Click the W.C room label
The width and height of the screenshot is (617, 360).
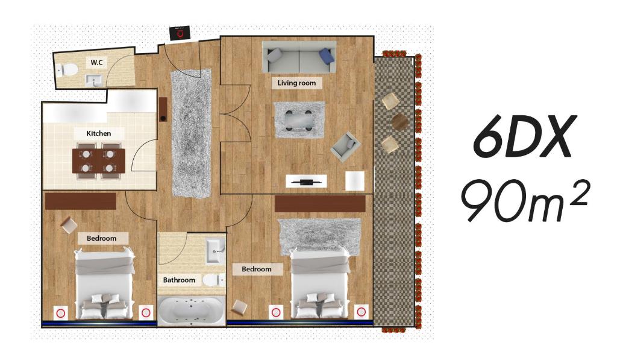pyautogui.click(x=96, y=62)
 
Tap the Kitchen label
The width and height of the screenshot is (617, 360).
pyautogui.click(x=98, y=133)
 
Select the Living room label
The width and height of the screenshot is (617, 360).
pyautogui.click(x=296, y=83)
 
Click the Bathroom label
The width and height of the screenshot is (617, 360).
pyautogui.click(x=179, y=280)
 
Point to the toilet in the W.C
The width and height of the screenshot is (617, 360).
pyautogui.click(x=66, y=70)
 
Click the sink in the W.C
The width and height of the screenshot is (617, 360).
pyautogui.click(x=94, y=80)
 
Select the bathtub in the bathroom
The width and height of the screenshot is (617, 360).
pyautogui.click(x=191, y=311)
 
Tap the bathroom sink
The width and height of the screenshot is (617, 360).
pyautogui.click(x=216, y=250)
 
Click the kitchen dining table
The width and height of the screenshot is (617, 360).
pyautogui.click(x=98, y=161)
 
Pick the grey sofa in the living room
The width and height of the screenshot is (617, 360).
pyautogui.click(x=299, y=57)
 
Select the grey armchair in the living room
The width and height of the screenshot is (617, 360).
pyautogui.click(x=345, y=146)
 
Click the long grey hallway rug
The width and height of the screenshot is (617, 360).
pyautogui.click(x=191, y=133)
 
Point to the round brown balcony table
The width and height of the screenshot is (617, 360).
pyautogui.click(x=400, y=122)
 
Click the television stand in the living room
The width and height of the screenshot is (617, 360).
pyautogui.click(x=306, y=181)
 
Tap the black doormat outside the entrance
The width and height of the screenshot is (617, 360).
pyautogui.click(x=180, y=33)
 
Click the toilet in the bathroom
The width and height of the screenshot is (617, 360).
pyautogui.click(x=214, y=280)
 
